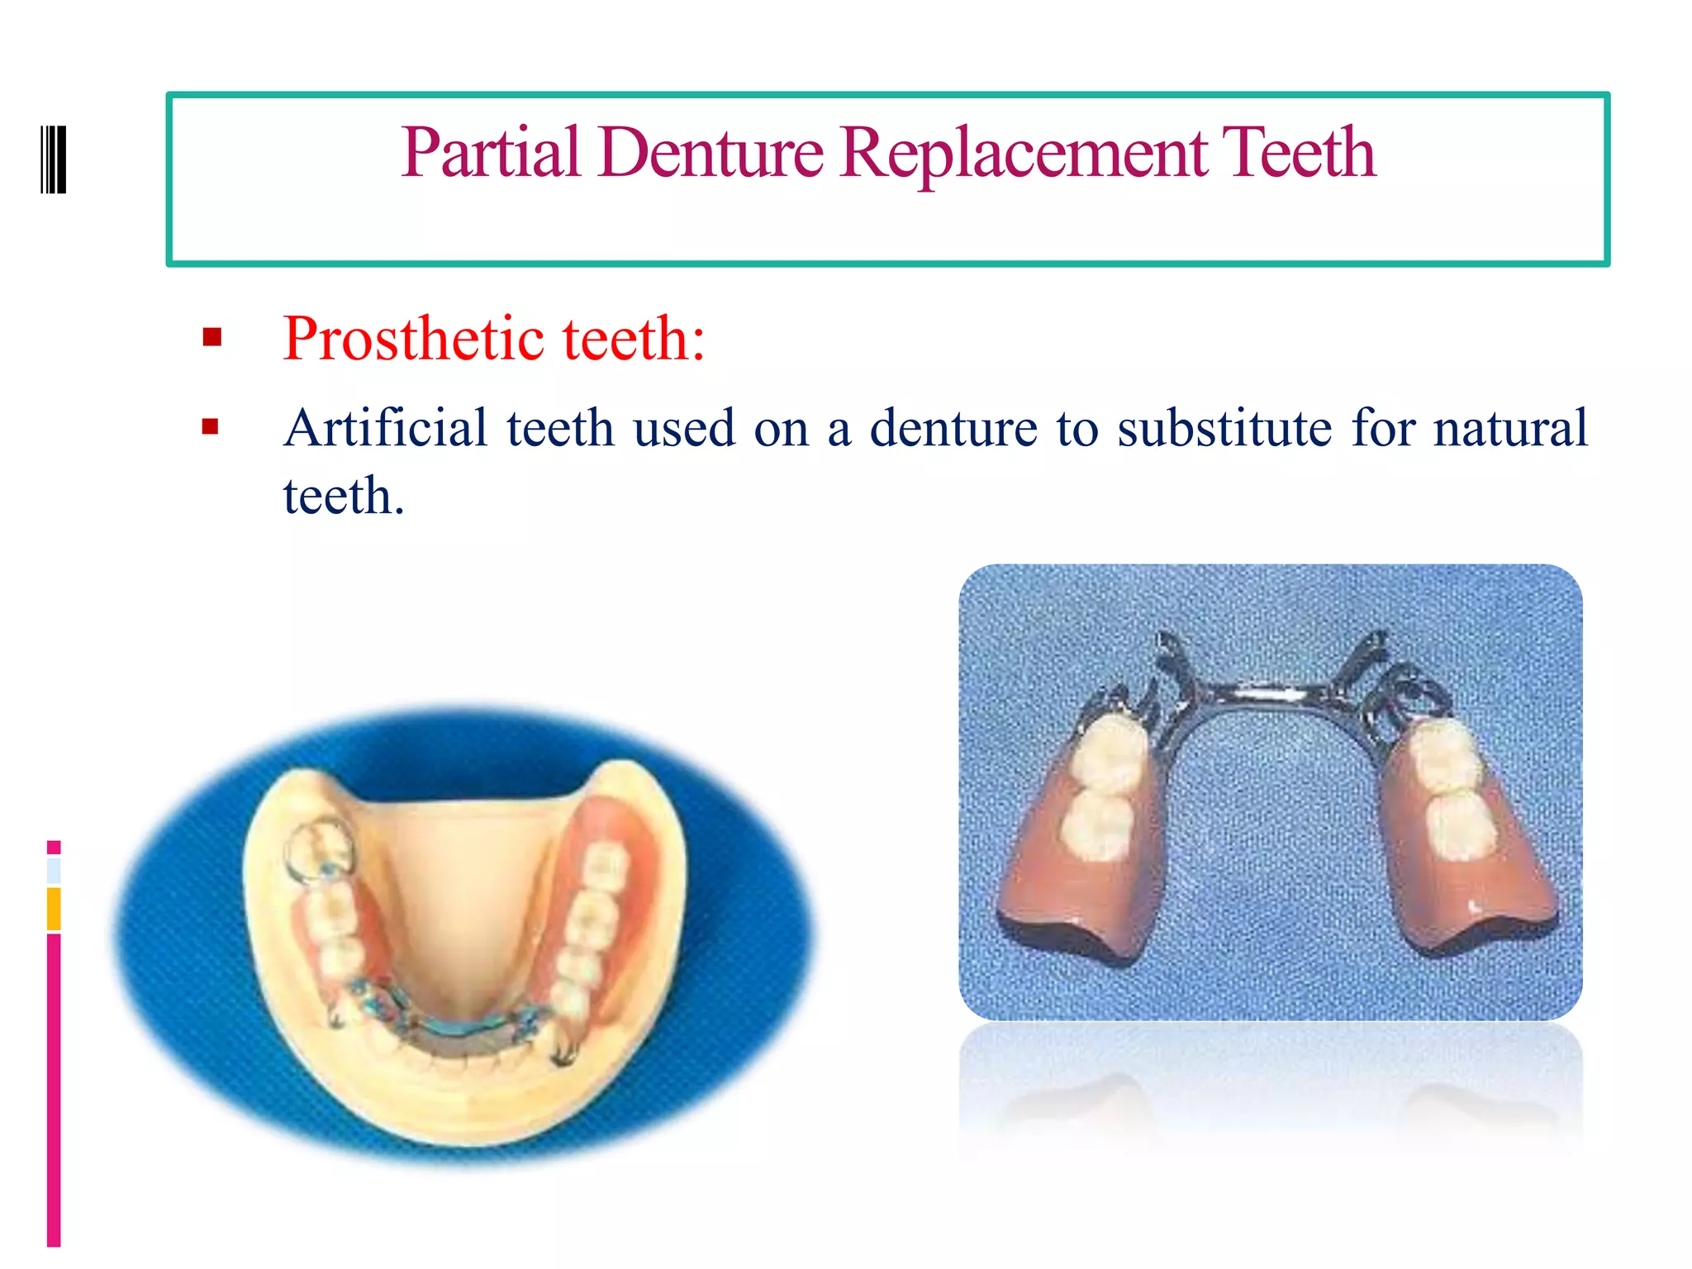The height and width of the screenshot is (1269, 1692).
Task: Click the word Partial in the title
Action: click(491, 153)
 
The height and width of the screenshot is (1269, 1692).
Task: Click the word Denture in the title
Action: click(711, 153)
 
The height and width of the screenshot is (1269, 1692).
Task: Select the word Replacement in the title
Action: click(1024, 153)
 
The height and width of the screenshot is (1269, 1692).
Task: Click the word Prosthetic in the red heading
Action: click(413, 340)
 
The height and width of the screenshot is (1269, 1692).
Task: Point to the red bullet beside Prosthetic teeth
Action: click(212, 337)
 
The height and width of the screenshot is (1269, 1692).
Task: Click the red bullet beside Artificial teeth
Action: click(211, 426)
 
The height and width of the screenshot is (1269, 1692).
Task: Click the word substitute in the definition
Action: click(1224, 428)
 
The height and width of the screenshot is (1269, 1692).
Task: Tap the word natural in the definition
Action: click(1509, 428)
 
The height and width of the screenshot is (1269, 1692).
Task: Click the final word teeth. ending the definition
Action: click(343, 497)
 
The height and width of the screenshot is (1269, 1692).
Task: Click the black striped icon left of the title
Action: click(54, 159)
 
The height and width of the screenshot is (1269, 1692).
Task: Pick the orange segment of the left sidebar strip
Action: click(54, 909)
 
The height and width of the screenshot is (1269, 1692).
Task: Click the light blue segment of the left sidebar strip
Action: click(54, 870)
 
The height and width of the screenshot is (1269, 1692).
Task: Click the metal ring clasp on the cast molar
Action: click(318, 847)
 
